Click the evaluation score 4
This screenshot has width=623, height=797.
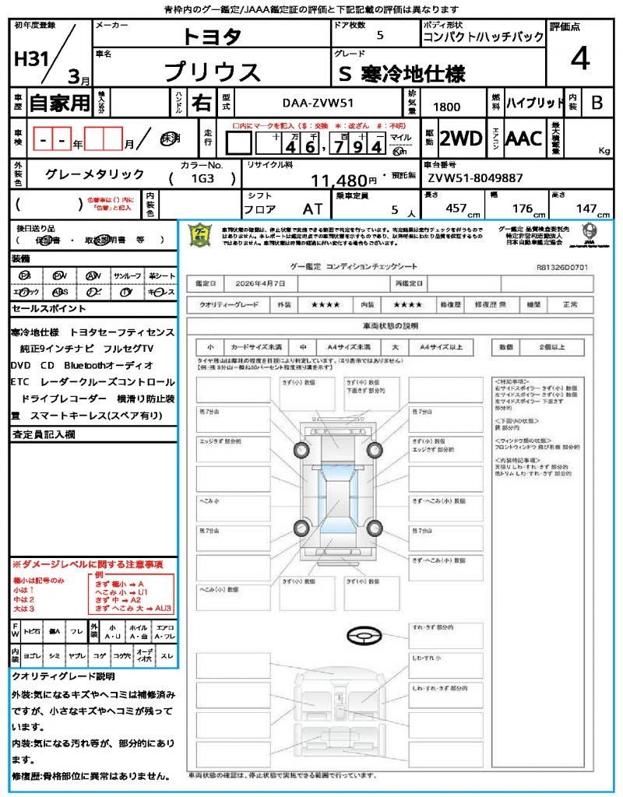click(x=579, y=59)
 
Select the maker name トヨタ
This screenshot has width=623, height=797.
click(x=212, y=37)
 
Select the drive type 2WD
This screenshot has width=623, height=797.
click(x=461, y=139)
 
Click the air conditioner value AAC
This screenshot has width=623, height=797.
click(x=523, y=139)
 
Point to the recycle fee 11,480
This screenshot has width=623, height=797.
click(x=338, y=181)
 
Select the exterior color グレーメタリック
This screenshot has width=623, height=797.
click(x=95, y=174)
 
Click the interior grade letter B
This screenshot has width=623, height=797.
click(x=597, y=102)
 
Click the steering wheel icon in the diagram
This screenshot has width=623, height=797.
click(x=362, y=636)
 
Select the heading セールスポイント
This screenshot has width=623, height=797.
click(x=44, y=309)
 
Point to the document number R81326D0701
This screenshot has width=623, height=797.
click(x=561, y=266)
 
